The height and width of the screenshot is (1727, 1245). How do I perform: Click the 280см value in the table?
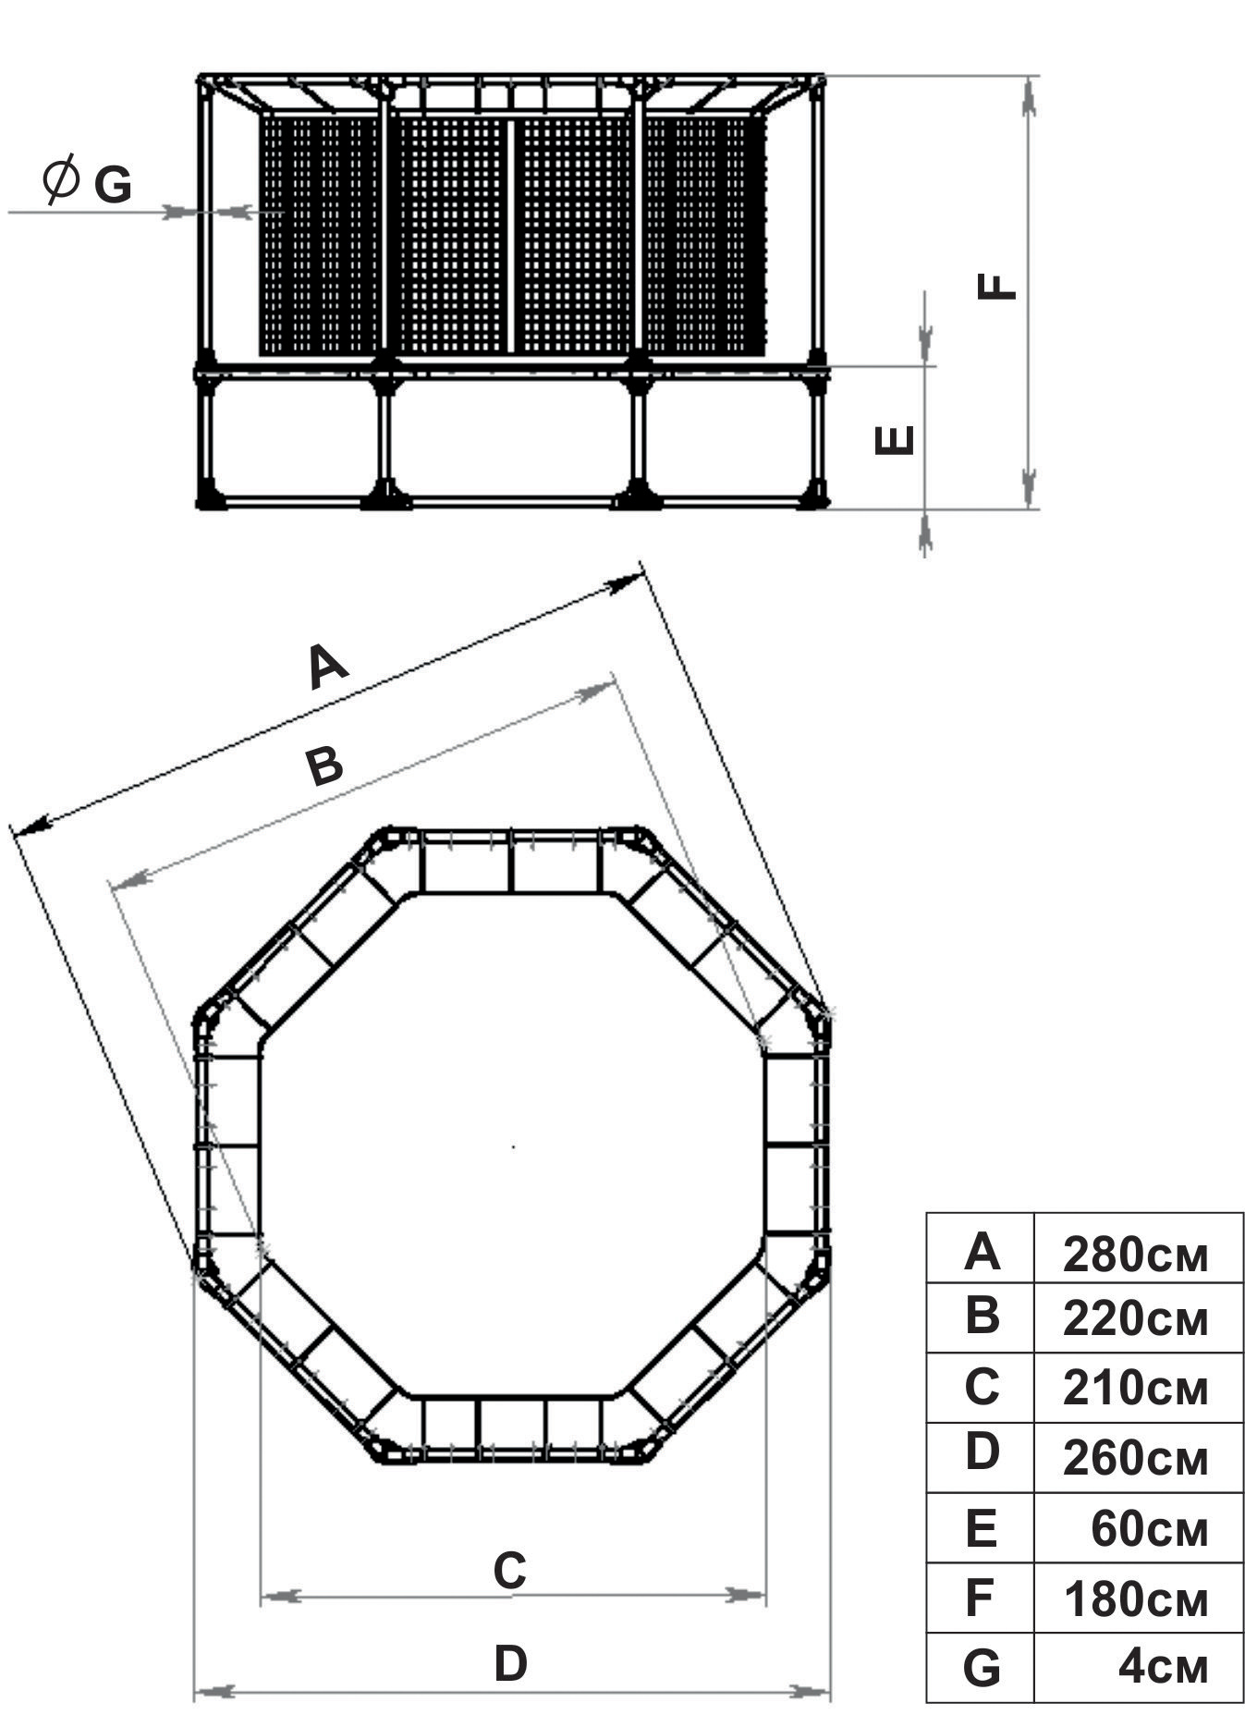[x=1135, y=1255]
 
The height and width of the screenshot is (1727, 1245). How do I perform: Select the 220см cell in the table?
[x=1135, y=1320]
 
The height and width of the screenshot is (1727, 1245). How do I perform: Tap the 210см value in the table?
[x=1135, y=1389]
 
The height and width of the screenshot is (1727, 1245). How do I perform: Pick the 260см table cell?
[x=1135, y=1458]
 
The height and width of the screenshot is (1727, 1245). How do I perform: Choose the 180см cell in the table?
[x=1135, y=1598]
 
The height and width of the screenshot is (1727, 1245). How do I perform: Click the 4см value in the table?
[x=1163, y=1667]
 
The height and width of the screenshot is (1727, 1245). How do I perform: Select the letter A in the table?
[x=982, y=1253]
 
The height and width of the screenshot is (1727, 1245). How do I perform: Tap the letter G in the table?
[x=982, y=1668]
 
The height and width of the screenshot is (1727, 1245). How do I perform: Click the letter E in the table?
[x=982, y=1528]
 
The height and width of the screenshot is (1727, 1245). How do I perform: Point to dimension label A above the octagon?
[x=328, y=668]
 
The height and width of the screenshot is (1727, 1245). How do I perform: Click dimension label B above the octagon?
[x=324, y=766]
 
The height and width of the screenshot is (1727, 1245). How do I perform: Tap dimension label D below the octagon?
[x=510, y=1663]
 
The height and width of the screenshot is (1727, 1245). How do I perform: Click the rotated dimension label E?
[x=894, y=440]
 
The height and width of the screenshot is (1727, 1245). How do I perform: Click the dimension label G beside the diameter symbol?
[x=113, y=185]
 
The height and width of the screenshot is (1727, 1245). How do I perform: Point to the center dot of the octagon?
[x=514, y=1147]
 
